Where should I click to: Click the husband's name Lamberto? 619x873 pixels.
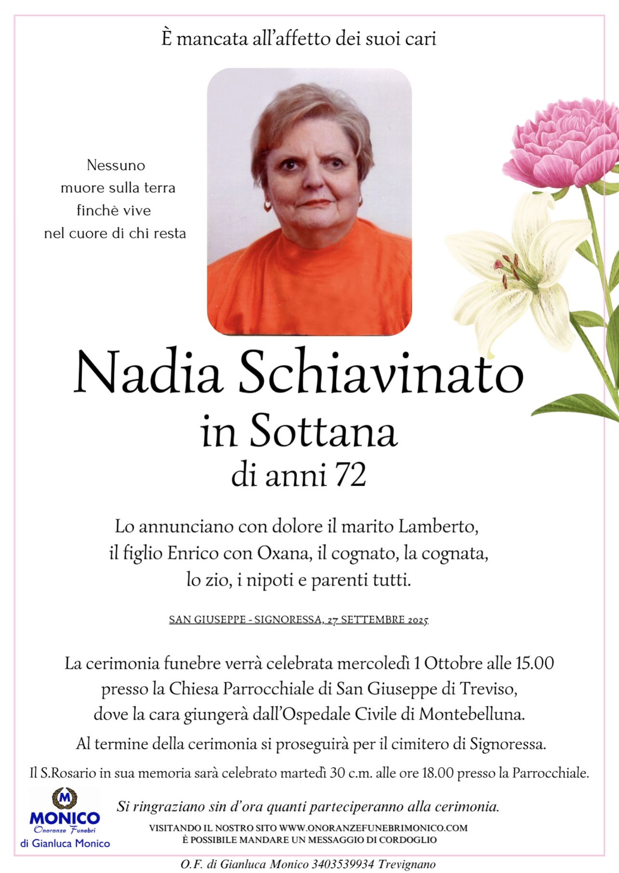[438, 526]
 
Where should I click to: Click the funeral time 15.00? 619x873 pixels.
[535, 663]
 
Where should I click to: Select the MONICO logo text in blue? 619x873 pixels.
[65, 818]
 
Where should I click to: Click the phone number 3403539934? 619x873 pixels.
[343, 864]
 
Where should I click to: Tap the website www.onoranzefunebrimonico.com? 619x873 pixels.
[373, 828]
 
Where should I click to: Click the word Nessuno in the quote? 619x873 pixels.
[116, 165]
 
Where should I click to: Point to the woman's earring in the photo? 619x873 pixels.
[267, 206]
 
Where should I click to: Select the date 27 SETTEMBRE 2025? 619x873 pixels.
[377, 620]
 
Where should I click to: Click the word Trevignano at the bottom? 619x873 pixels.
[407, 864]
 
